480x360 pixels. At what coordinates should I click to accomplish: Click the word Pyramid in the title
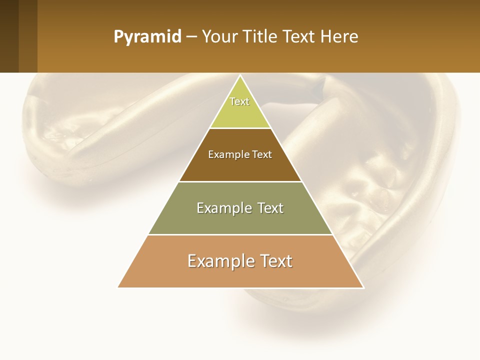147,37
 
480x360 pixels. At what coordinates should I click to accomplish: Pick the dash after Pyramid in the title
191,37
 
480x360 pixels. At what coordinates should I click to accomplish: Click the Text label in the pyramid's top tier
239,101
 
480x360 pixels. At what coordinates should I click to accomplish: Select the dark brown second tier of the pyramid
240,167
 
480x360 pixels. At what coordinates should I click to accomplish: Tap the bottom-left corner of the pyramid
118,287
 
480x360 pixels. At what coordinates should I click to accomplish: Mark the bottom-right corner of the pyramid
363,287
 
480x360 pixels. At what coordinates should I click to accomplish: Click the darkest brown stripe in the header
9,36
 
